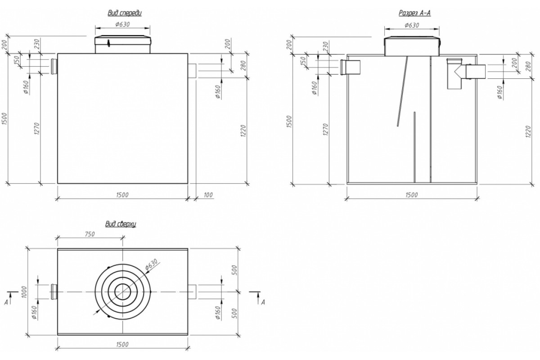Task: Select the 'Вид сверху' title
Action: tap(121, 224)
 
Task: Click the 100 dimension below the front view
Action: tap(207, 195)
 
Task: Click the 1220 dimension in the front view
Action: tap(243, 131)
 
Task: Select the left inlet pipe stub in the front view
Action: tap(54, 67)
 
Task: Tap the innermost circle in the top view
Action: tap(122, 292)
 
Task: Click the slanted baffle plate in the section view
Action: tap(403, 92)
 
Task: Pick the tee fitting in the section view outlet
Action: tap(455, 73)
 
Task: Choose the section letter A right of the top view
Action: tap(263, 302)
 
